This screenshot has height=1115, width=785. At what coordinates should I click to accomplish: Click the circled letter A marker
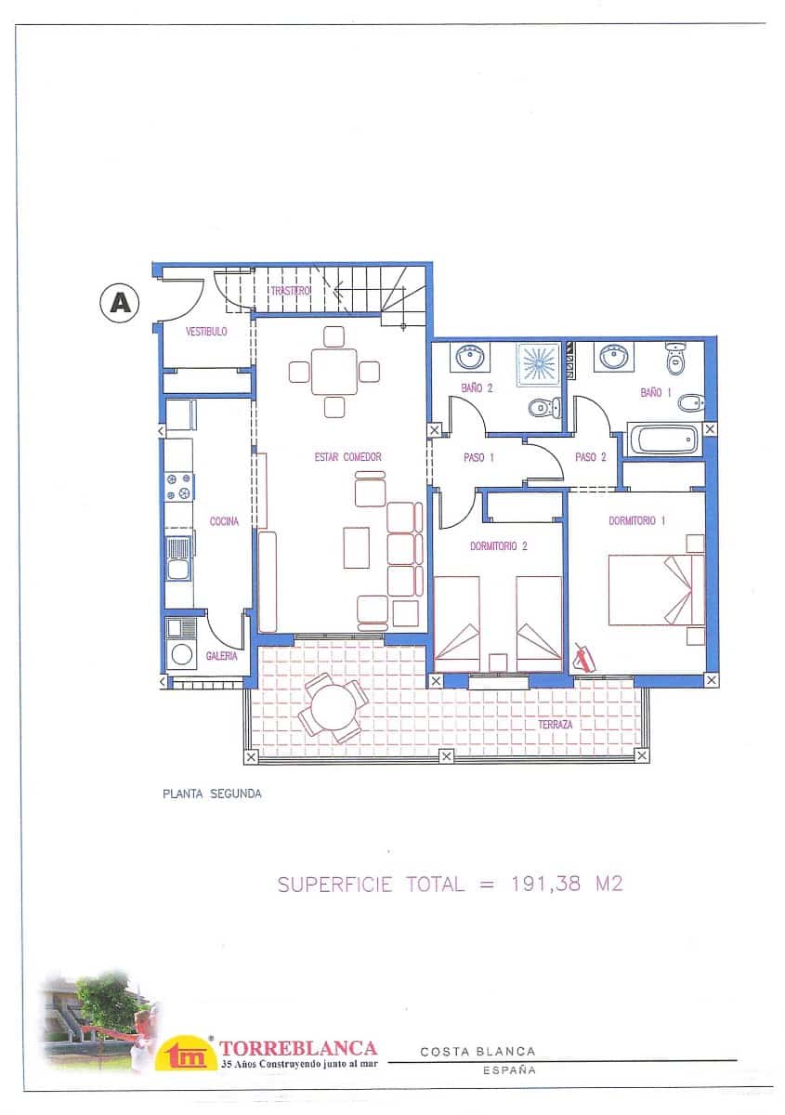click(x=119, y=302)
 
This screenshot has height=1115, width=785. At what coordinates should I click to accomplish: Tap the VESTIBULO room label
click(x=206, y=331)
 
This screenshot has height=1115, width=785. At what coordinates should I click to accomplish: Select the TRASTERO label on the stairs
click(x=290, y=291)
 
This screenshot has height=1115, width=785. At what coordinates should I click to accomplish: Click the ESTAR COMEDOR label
click(x=348, y=457)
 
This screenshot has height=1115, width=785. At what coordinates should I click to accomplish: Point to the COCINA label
click(x=224, y=521)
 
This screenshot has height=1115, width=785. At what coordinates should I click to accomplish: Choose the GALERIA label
click(x=222, y=656)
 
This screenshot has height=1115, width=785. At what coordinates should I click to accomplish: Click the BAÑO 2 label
click(x=476, y=388)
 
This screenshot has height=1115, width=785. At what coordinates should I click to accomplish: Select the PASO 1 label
click(x=478, y=457)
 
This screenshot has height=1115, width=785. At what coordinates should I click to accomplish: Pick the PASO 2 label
click(x=590, y=457)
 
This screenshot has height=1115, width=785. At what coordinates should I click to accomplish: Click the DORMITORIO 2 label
click(x=499, y=546)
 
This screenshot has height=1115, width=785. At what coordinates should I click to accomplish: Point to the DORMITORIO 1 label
click(x=637, y=521)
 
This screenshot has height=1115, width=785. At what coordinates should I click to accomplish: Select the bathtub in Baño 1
click(x=663, y=439)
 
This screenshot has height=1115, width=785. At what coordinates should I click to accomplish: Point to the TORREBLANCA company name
click(x=298, y=1048)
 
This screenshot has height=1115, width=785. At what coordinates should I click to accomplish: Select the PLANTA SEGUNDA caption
click(x=212, y=794)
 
